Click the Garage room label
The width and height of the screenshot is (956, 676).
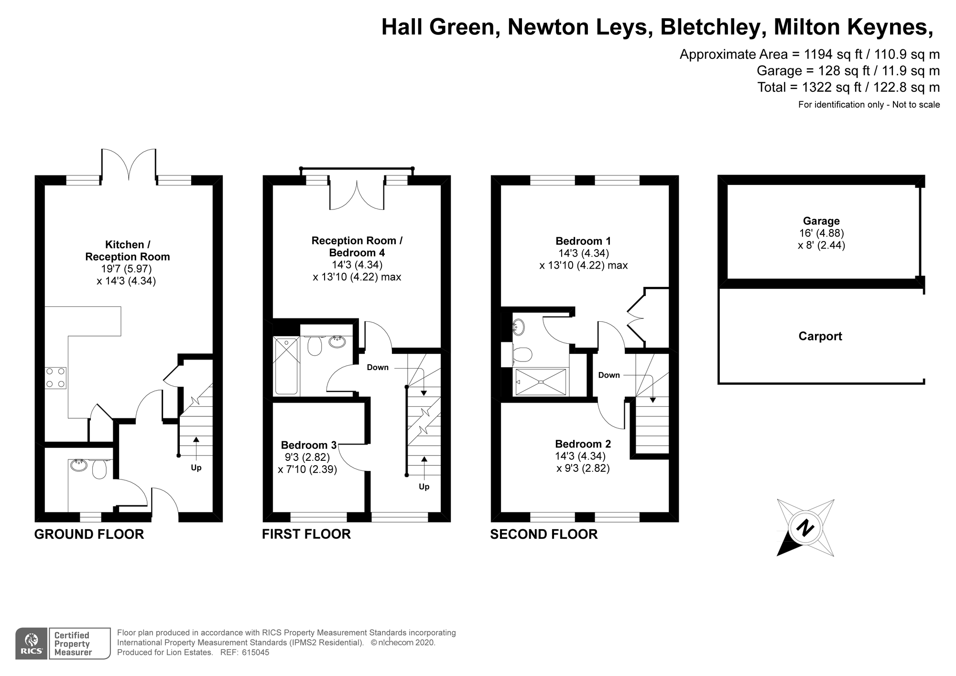[821, 221]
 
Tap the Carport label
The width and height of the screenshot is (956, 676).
[820, 336]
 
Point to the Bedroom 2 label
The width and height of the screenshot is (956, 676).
[583, 444]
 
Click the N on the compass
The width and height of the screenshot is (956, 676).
[806, 528]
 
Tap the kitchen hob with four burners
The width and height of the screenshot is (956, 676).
[55, 378]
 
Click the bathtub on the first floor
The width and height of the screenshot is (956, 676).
[286, 366]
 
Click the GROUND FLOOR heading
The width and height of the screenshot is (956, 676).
[89, 534]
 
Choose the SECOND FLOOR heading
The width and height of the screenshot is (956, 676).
[544, 534]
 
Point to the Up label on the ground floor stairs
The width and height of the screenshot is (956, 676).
[196, 468]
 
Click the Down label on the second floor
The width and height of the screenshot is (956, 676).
[609, 375]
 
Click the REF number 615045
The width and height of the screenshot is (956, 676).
[256, 653]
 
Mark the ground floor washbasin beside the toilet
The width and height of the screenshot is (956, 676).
[79, 465]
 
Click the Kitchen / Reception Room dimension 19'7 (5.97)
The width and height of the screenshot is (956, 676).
[127, 269]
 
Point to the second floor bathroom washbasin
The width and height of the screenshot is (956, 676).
[519, 327]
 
